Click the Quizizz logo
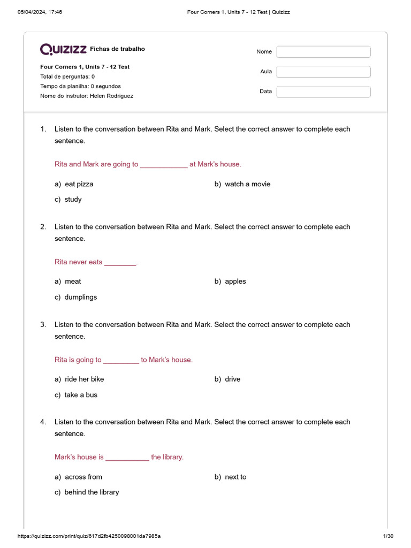63,49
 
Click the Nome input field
323,52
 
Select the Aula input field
323,72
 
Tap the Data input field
323,92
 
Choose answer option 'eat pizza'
79,184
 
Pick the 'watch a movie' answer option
247,184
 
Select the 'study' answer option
73,200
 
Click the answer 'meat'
73,281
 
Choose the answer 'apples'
235,281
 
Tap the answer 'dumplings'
80,297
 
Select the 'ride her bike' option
84,379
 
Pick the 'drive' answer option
232,379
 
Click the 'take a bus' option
81,395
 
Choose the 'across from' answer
83,477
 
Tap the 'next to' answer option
235,477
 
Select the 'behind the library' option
92,492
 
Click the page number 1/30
389,536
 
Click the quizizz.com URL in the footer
89,536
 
